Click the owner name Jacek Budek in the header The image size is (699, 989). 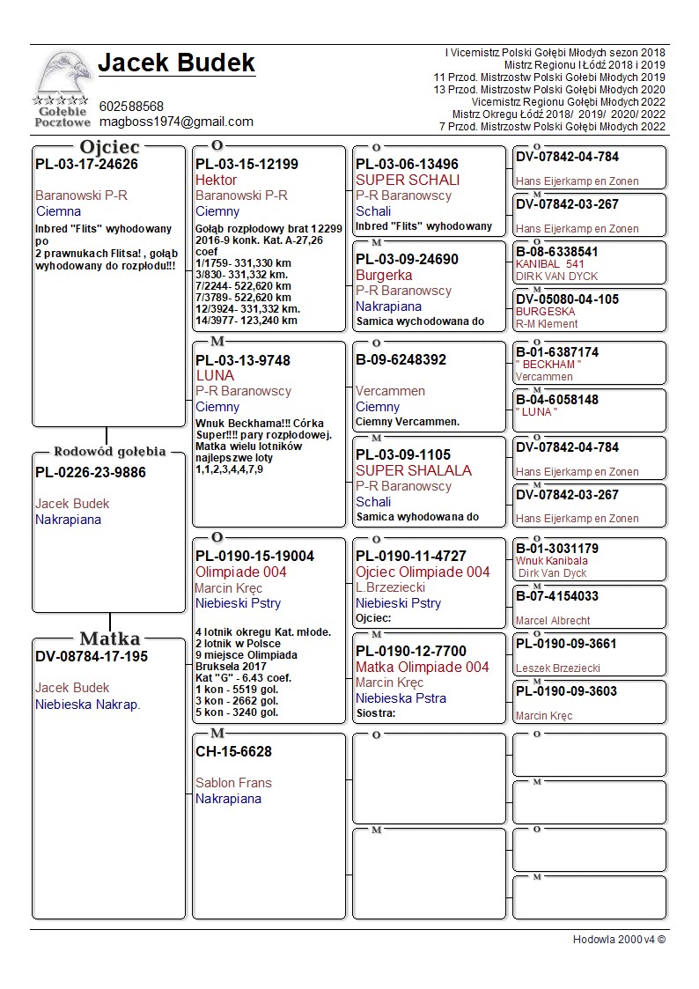(x=176, y=63)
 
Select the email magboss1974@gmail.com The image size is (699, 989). (x=176, y=122)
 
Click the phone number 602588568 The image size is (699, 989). (x=131, y=106)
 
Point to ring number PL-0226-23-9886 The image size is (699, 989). (x=91, y=472)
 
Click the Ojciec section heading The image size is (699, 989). (x=109, y=147)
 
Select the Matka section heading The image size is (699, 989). (x=109, y=638)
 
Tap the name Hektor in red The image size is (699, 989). (x=216, y=180)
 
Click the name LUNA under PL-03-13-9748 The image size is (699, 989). (x=215, y=375)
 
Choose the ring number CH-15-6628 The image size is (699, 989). (x=233, y=751)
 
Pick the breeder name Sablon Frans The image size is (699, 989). (x=233, y=782)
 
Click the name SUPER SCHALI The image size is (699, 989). (x=408, y=180)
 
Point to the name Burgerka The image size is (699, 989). (x=384, y=275)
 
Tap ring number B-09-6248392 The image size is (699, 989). (x=401, y=359)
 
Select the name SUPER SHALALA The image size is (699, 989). (x=414, y=470)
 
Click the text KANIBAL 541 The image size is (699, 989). (x=550, y=264)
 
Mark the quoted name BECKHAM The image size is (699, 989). (x=549, y=365)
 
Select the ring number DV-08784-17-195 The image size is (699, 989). (x=92, y=656)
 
